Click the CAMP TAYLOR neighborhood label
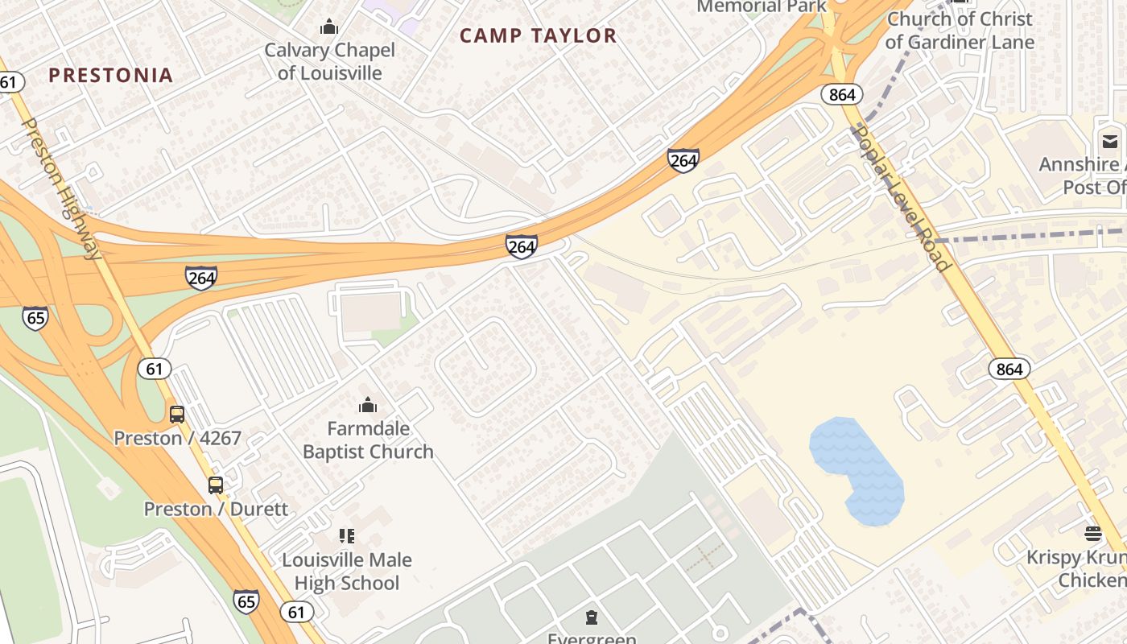[538, 35]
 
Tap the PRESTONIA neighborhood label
[110, 75]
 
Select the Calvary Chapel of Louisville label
[330, 61]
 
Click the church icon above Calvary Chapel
[329, 27]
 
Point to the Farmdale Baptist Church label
[368, 440]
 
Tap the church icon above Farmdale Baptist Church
[368, 404]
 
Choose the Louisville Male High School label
[347, 571]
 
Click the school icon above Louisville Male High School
[347, 536]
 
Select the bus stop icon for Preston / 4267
[177, 415]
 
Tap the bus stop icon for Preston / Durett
[216, 485]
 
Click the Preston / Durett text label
[216, 509]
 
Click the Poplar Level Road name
[902, 197]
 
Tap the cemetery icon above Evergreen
[592, 618]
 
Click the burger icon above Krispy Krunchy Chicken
[1092, 533]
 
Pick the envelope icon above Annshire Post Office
[1110, 142]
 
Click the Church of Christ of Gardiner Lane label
[960, 30]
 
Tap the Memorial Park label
[761, 6]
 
